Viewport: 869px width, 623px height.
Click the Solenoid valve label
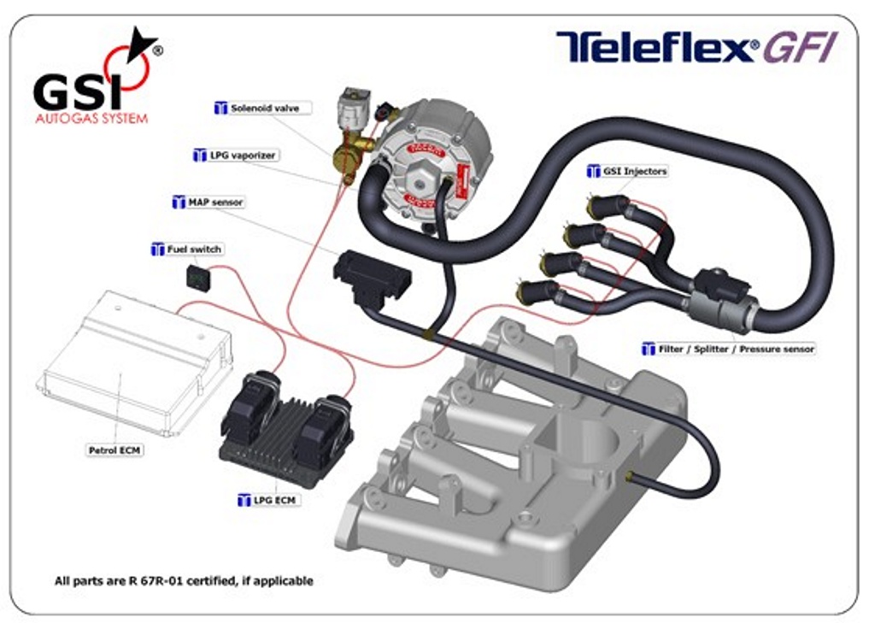[264, 109]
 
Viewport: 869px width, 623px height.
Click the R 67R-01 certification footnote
[184, 581]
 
